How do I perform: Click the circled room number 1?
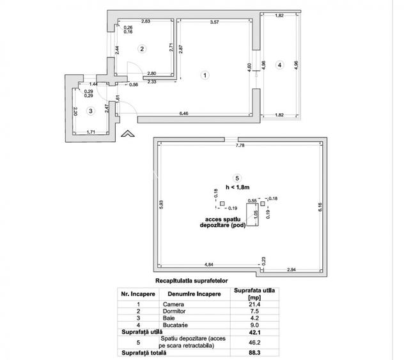[x=205, y=75]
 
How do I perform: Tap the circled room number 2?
[x=143, y=48]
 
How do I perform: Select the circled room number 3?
[x=91, y=111]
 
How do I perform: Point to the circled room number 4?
[x=279, y=65]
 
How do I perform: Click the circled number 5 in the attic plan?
[x=237, y=178]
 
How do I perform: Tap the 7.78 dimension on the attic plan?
[x=240, y=147]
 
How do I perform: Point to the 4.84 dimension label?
[x=208, y=263]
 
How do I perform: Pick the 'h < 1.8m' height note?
[x=238, y=187]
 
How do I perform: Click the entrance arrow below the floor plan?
[x=127, y=134]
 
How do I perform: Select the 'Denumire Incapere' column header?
[x=183, y=293]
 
